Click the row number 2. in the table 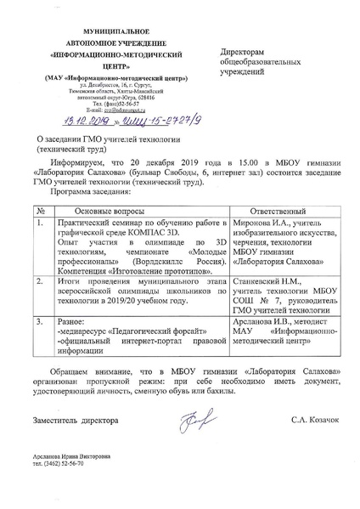[40, 278]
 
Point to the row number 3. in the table [40, 322]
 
